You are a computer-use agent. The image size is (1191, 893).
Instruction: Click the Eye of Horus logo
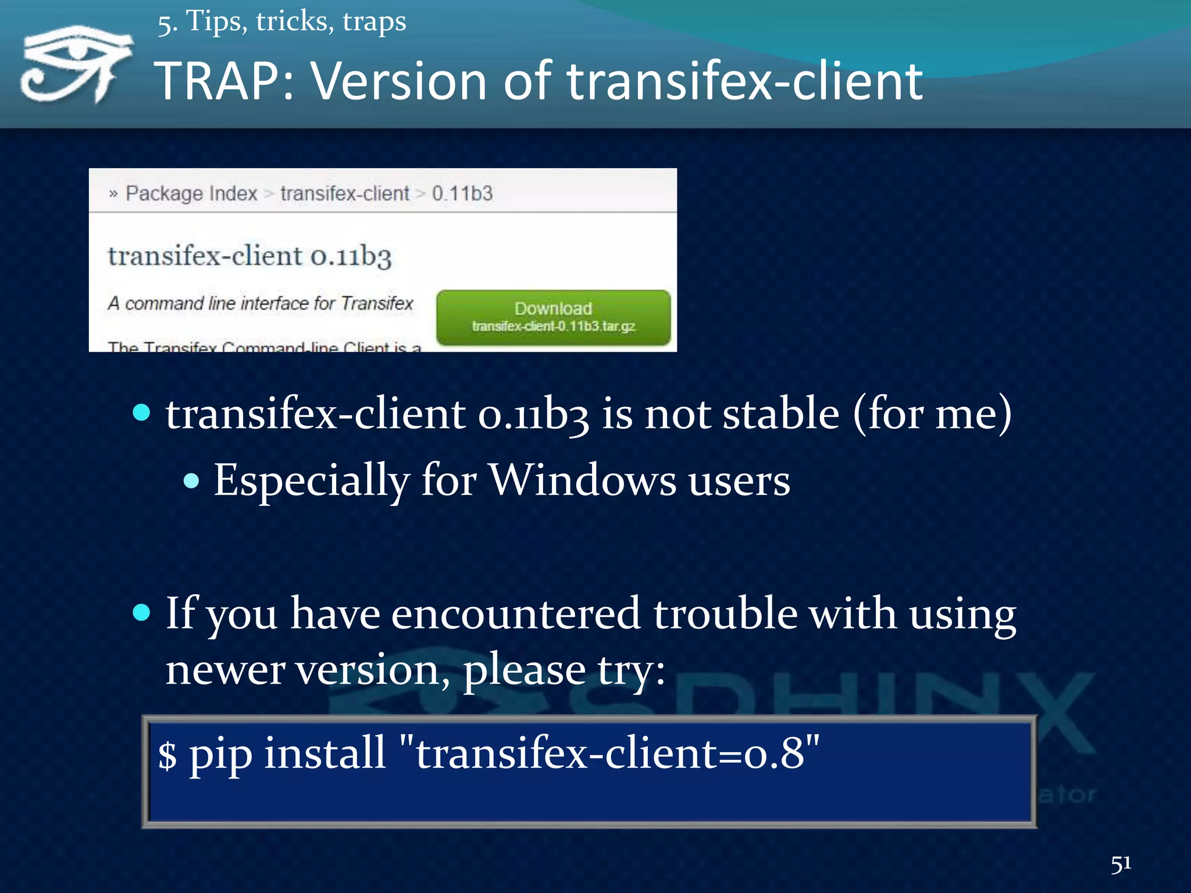coord(76,64)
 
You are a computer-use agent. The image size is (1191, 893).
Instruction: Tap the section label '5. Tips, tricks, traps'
coord(281,22)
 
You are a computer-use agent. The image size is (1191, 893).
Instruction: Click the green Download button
coord(553,317)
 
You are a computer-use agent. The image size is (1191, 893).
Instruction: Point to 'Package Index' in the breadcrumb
coord(191,193)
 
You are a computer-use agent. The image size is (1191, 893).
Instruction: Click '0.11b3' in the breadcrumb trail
coord(462,193)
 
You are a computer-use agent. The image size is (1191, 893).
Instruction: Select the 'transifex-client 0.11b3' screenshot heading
coord(249,256)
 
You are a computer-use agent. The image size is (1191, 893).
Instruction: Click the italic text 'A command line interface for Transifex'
coord(260,303)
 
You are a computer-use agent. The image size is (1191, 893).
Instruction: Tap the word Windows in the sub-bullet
coord(582,480)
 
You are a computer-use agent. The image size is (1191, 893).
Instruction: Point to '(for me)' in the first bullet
coord(932,414)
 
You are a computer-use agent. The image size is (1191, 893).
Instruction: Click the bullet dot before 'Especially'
coord(191,481)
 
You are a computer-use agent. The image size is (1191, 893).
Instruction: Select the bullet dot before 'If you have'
coord(141,613)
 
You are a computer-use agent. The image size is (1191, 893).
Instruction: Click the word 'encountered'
coord(515,614)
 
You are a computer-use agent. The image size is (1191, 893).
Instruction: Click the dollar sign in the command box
coord(167,755)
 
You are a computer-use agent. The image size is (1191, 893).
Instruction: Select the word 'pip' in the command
coord(221,755)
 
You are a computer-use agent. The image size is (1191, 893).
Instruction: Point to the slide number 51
coord(1121,864)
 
